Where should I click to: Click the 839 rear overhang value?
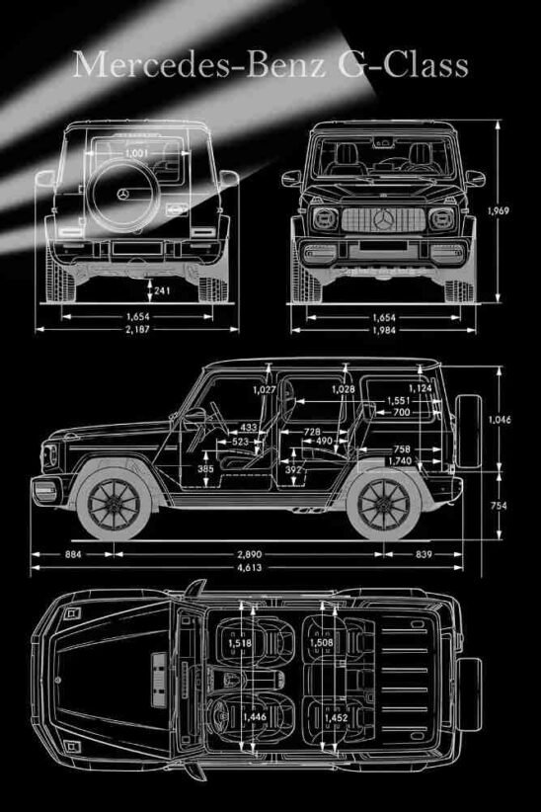[425, 554]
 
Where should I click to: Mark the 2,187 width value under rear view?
[137, 329]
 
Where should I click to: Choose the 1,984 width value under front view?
[385, 329]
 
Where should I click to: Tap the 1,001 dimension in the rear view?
[138, 154]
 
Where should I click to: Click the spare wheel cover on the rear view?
[123, 195]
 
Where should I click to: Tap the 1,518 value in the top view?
[239, 644]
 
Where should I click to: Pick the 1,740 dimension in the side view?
[399, 461]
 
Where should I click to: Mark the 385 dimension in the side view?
[205, 468]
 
